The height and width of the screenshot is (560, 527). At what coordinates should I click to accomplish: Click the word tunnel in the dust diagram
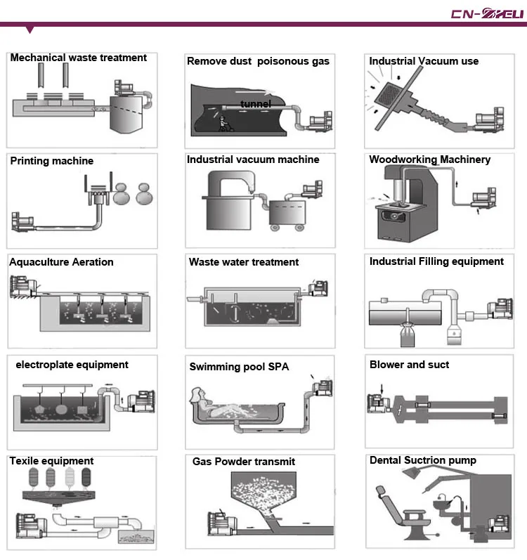click(x=255, y=105)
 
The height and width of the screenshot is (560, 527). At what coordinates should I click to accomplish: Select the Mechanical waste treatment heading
click(x=78, y=58)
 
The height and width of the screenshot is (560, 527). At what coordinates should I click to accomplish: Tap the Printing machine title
click(x=51, y=161)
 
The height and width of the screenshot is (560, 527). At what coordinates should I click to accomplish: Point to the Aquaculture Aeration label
click(x=61, y=262)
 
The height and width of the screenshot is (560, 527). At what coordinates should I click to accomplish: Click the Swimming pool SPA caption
click(x=239, y=367)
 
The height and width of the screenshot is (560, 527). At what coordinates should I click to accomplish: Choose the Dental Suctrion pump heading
click(x=423, y=460)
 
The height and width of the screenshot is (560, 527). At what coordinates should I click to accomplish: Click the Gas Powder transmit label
click(x=244, y=462)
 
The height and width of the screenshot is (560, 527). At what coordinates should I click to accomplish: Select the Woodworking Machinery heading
click(x=430, y=159)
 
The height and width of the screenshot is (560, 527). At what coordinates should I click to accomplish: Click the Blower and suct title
click(x=409, y=365)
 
